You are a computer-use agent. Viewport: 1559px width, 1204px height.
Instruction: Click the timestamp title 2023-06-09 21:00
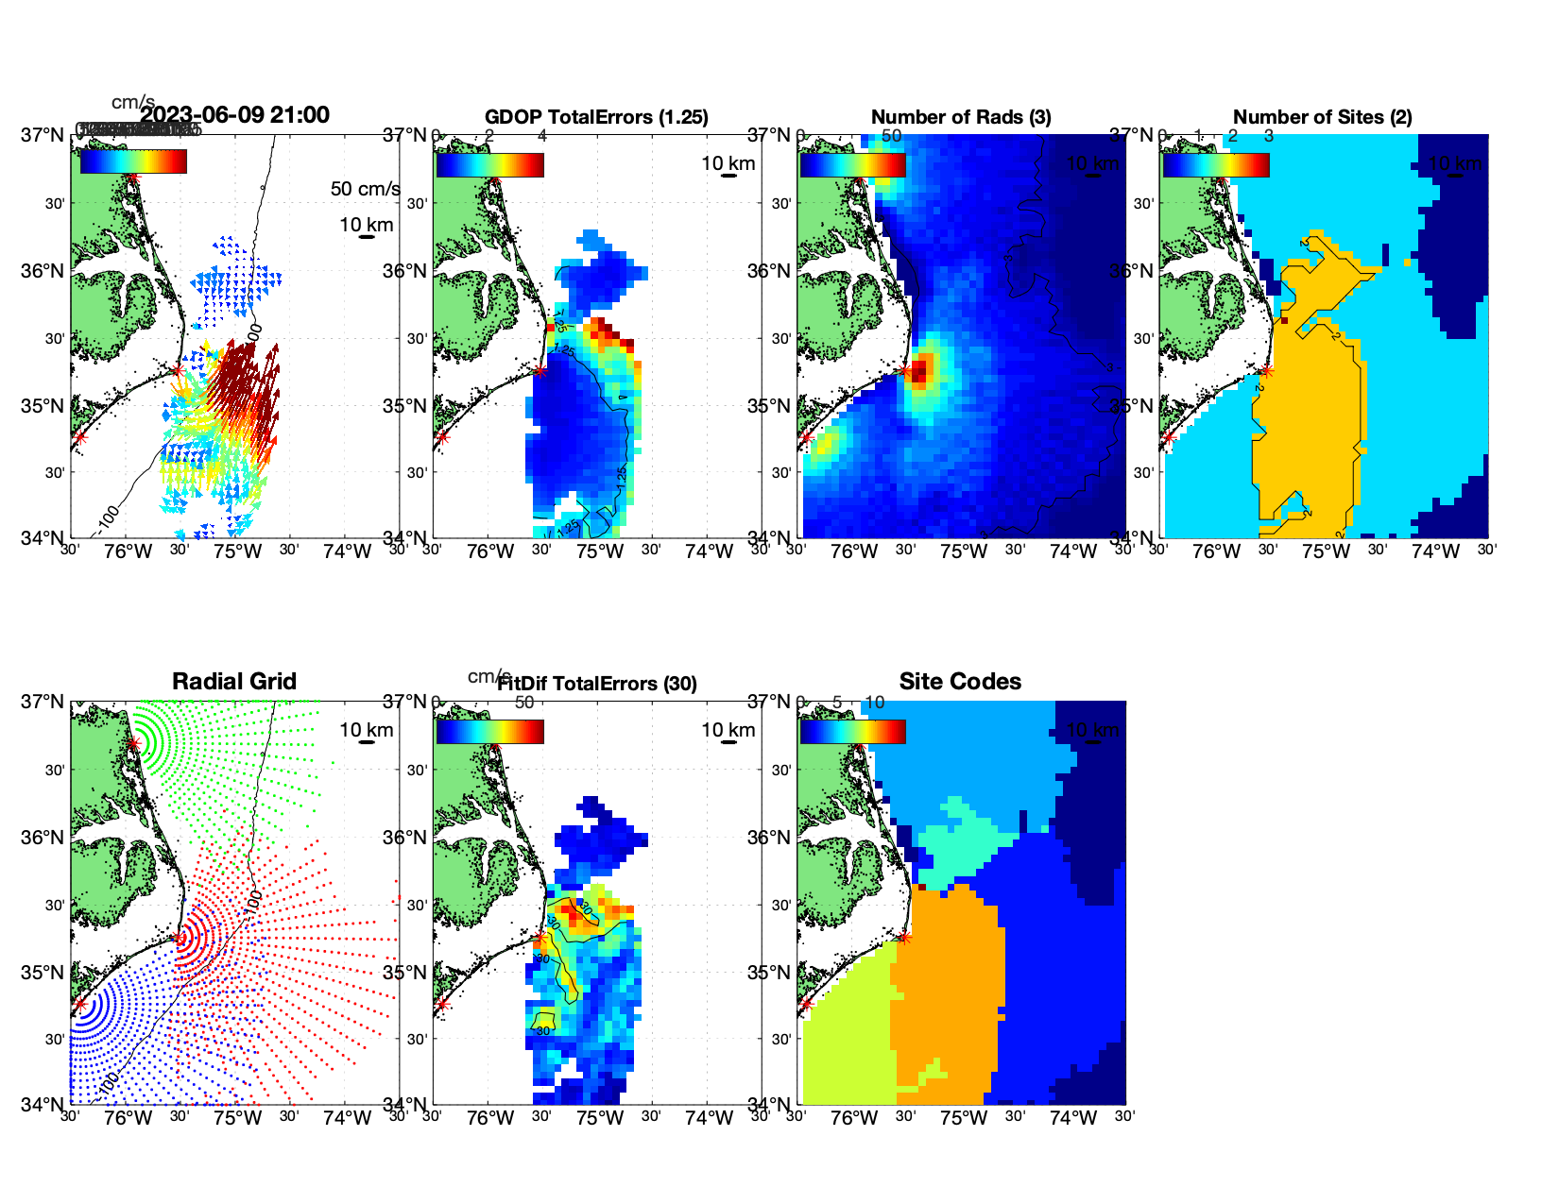[x=234, y=115]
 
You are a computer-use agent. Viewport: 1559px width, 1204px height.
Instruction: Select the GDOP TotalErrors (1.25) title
[x=596, y=117]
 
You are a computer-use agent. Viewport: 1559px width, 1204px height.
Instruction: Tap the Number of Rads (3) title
[x=961, y=117]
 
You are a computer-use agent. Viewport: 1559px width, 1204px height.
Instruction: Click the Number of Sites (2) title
[x=1322, y=117]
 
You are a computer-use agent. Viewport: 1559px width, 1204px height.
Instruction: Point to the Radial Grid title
[x=234, y=682]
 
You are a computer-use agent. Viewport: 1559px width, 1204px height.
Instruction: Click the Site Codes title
[x=960, y=682]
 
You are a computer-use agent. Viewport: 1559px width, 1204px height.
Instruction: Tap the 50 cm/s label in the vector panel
[x=365, y=189]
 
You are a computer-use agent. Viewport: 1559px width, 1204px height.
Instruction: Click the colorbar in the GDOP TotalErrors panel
[x=489, y=165]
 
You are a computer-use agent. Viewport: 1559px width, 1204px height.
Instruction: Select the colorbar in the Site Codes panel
[x=852, y=732]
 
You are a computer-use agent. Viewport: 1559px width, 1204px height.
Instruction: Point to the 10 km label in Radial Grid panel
[x=366, y=730]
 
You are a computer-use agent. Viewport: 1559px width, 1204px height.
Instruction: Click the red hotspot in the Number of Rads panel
[x=920, y=368]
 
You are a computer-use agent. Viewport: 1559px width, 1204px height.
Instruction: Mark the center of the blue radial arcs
[x=79, y=1004]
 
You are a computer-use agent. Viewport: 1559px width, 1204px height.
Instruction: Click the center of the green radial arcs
[x=133, y=743]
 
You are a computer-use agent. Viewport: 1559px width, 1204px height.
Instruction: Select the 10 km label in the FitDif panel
[x=728, y=730]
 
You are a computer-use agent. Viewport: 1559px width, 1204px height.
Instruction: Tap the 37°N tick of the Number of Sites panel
[x=1132, y=135]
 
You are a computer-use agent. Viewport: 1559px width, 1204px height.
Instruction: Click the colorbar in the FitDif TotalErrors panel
[x=489, y=732]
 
